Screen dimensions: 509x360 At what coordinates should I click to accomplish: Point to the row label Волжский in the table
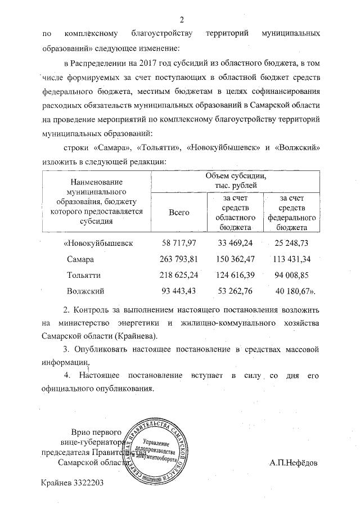85,291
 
